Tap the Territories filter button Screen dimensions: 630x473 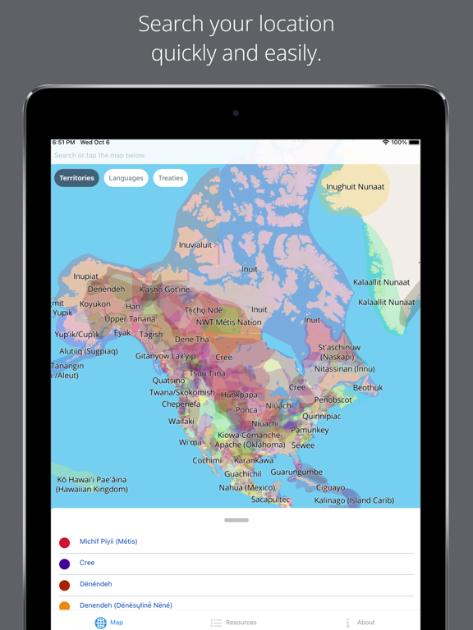pos(77,178)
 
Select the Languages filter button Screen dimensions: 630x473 pos(126,178)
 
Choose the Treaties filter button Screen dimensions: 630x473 pos(171,178)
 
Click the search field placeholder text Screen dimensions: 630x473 pos(100,155)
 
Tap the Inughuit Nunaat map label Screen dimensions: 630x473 pos(355,187)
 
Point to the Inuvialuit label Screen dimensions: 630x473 pos(195,244)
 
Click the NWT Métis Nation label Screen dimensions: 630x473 pos(228,322)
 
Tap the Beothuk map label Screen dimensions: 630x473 pos(368,388)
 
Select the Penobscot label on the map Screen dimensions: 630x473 pos(333,400)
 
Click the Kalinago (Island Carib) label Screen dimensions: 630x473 pos(354,500)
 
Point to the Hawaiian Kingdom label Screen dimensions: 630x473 pos(92,490)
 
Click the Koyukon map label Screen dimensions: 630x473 pos(94,304)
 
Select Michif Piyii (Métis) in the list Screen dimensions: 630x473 pos(108,541)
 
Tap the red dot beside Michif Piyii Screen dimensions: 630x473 pos(65,542)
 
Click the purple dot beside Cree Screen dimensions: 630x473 pos(65,564)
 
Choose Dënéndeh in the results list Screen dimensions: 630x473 pos(96,584)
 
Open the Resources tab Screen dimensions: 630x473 pos(233,623)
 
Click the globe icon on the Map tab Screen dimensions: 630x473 pos(100,623)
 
